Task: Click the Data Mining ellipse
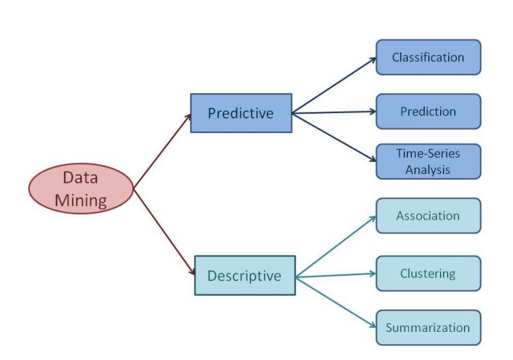pyautogui.click(x=81, y=188)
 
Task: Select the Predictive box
pyautogui.click(x=241, y=113)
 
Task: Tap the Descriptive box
pyautogui.click(x=245, y=276)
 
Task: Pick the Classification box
pyautogui.click(x=428, y=57)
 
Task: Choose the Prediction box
pyautogui.click(x=428, y=111)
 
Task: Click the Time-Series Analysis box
pyautogui.click(x=428, y=162)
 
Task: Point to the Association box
pyautogui.click(x=428, y=216)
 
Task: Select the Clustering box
pyautogui.click(x=428, y=273)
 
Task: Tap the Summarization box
pyautogui.click(x=428, y=328)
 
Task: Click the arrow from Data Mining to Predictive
pyautogui.click(x=162, y=152)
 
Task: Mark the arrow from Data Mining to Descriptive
pyautogui.click(x=164, y=232)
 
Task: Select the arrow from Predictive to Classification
pyautogui.click(x=334, y=86)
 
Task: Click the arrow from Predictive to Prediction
pyautogui.click(x=334, y=112)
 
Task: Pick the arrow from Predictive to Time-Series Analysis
pyautogui.click(x=334, y=137)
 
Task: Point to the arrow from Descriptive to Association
pyautogui.click(x=336, y=246)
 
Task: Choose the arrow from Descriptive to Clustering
pyautogui.click(x=336, y=275)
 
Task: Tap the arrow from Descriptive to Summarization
pyautogui.click(x=336, y=302)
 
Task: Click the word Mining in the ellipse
pyautogui.click(x=81, y=200)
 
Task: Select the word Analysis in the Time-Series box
pyautogui.click(x=428, y=170)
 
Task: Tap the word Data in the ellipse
pyautogui.click(x=80, y=178)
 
